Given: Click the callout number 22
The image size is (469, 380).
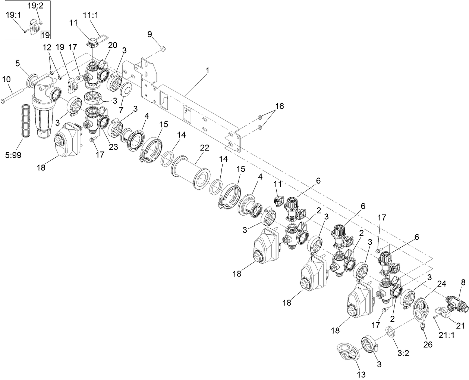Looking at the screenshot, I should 205,148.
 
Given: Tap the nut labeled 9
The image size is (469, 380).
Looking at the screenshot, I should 163,48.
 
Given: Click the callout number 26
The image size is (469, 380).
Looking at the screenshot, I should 428,344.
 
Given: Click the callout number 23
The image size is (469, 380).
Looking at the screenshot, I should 113,147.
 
